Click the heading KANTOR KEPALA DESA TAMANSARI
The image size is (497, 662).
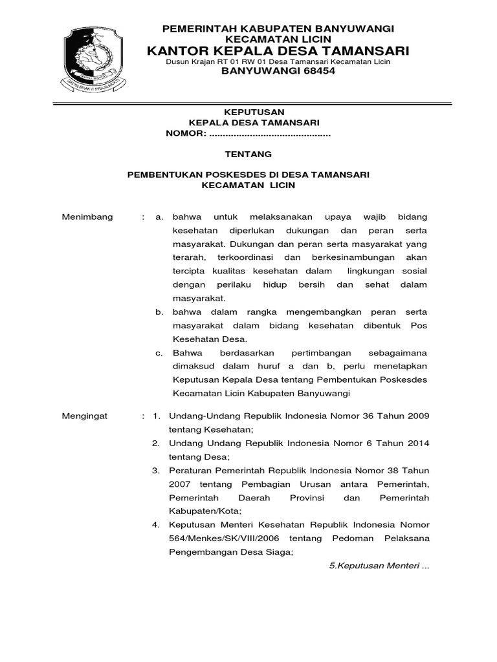click(278, 50)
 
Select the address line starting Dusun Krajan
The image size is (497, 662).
click(278, 61)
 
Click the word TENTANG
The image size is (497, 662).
click(248, 154)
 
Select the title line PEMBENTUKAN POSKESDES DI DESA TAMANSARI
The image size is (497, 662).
click(248, 175)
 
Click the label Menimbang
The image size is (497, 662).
click(87, 217)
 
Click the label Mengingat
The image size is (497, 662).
click(85, 416)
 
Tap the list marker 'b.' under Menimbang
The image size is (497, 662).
click(159, 312)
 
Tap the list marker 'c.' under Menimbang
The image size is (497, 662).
click(159, 353)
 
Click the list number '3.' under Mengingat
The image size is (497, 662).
click(156, 470)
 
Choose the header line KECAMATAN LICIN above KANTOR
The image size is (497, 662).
click(278, 39)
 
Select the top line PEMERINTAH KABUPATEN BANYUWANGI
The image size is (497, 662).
click(278, 29)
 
